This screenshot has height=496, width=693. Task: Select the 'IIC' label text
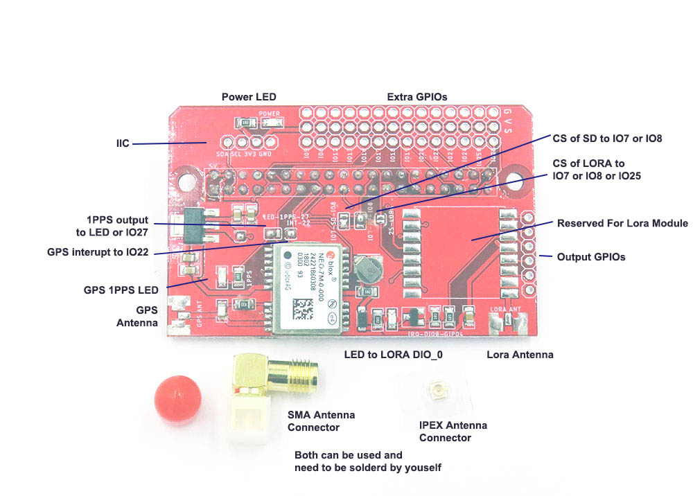[123, 144]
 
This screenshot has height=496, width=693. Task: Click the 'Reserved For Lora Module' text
[622, 223]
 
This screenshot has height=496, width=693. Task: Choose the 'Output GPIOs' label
[591, 257]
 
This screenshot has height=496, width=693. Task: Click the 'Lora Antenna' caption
[520, 355]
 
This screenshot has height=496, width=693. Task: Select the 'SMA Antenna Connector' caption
[321, 421]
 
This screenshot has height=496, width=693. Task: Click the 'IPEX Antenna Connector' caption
[453, 432]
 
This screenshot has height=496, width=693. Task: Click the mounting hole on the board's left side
[186, 181]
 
